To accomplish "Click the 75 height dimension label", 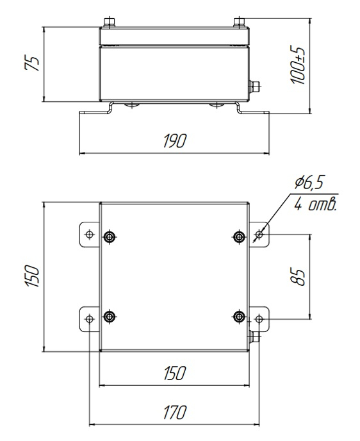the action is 32,63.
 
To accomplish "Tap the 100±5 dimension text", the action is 297,65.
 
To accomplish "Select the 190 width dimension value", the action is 174,140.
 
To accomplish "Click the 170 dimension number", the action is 174,412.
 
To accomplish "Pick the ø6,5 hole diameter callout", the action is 309,183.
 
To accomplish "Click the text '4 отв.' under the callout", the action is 315,204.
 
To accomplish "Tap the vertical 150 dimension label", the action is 32,276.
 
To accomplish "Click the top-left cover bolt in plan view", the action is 110,237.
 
